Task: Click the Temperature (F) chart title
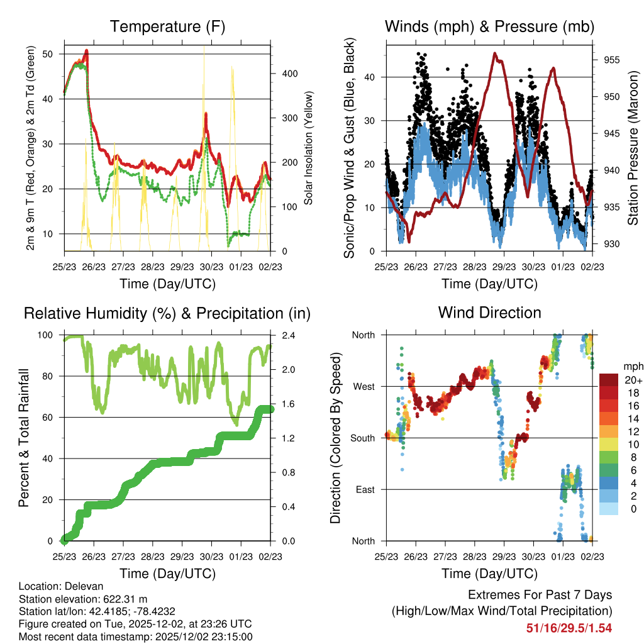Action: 167,26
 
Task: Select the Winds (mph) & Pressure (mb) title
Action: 489,26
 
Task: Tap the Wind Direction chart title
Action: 489,312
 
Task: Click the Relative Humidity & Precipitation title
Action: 167,313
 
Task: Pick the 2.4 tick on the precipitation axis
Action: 282,335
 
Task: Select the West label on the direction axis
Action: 363,386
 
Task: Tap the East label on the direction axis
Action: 364,489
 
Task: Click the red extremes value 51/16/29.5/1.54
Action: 569,628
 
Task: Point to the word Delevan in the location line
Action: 80,586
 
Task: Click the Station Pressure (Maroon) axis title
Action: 633,148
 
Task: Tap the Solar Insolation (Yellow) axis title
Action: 309,148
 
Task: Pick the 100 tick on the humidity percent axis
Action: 50,335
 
